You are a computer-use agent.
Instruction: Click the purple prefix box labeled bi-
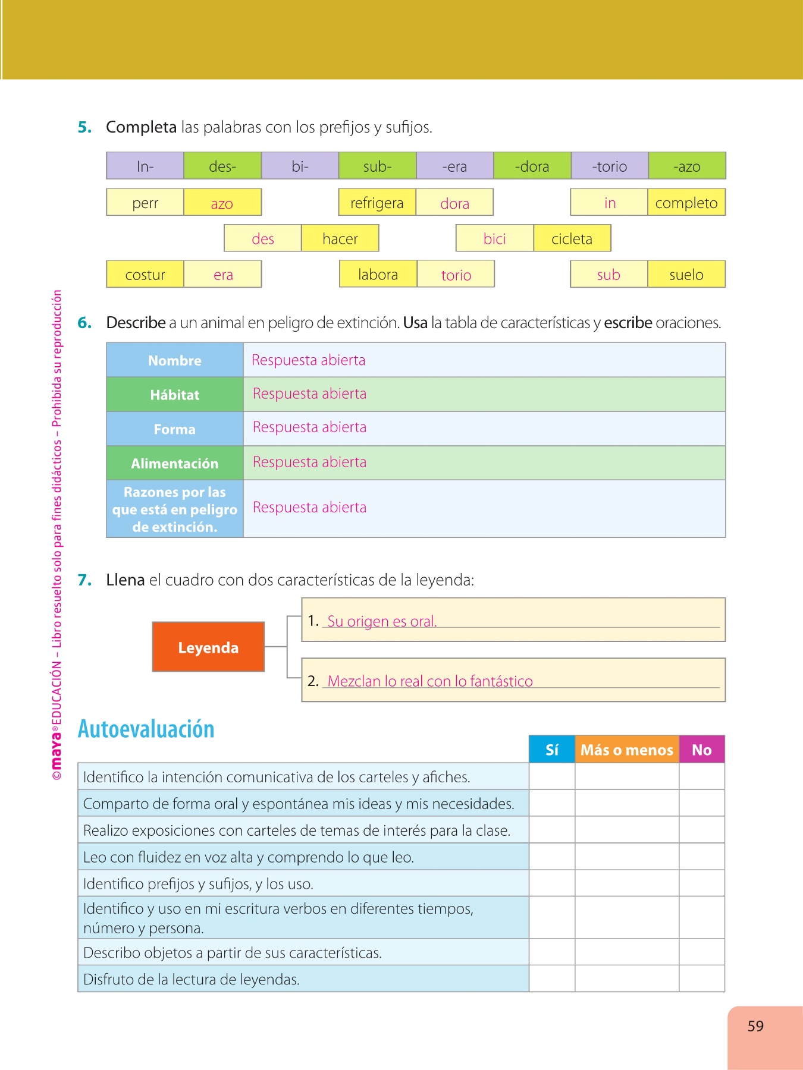(300, 166)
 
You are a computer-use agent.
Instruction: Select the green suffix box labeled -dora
(532, 166)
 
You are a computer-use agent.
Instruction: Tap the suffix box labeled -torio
(609, 166)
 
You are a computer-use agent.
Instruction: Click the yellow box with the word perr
(145, 203)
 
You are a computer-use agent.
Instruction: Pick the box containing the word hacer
(340, 239)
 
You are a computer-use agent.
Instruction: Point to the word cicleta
(572, 239)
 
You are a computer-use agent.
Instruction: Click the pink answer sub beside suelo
(608, 275)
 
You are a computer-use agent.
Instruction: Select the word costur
(145, 275)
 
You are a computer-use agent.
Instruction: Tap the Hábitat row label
(175, 395)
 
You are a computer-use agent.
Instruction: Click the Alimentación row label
(175, 463)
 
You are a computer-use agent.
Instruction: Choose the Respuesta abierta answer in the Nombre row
(308, 360)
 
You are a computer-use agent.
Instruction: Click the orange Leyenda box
(208, 647)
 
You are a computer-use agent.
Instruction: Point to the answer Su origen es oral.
(382, 621)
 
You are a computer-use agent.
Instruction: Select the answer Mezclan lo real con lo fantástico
(430, 681)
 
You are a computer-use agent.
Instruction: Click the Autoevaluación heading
(146, 729)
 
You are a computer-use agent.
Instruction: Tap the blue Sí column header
(552, 750)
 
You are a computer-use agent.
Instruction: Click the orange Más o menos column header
(627, 750)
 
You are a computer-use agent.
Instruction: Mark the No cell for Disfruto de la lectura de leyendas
(702, 978)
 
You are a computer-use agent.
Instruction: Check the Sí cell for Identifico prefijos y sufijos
(552, 883)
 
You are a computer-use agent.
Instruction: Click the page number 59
(755, 1026)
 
